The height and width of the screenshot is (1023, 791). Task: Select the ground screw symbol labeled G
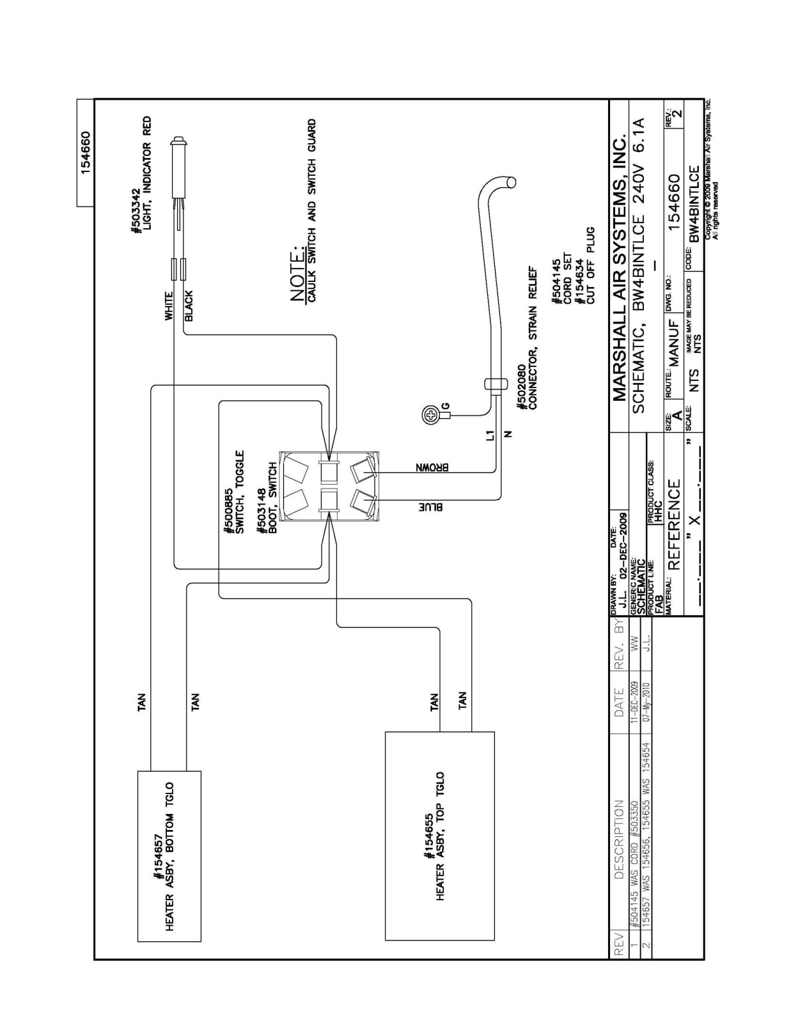coord(430,416)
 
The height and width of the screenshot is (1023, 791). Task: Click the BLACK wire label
coord(189,306)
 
